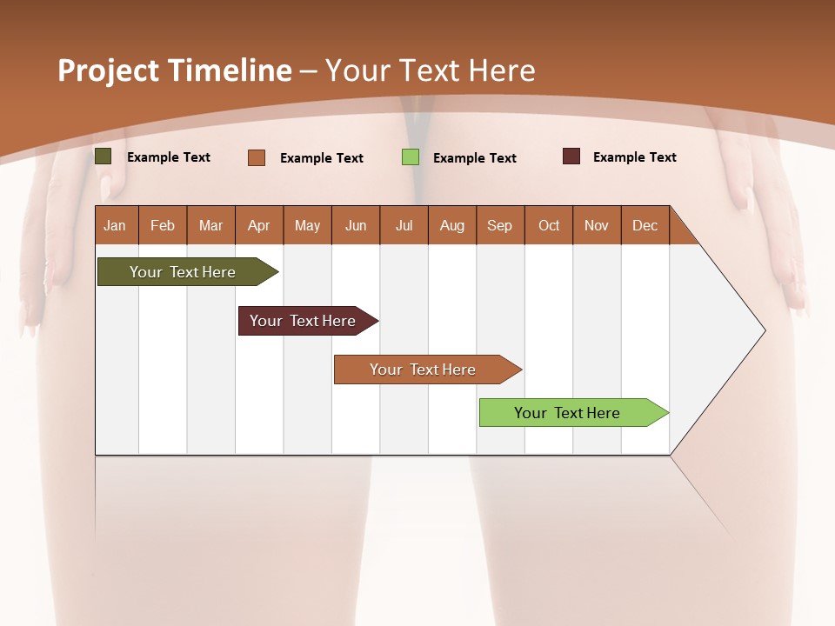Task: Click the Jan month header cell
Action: (x=115, y=225)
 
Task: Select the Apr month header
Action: (x=258, y=225)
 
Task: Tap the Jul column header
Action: (x=404, y=225)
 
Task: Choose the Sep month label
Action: (x=499, y=225)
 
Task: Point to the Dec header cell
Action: (x=645, y=225)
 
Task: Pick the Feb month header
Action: (x=163, y=225)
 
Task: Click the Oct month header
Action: (x=549, y=225)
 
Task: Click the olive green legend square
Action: (x=104, y=156)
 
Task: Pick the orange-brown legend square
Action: (x=257, y=157)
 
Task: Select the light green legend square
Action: (x=410, y=157)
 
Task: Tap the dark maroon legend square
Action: (x=571, y=156)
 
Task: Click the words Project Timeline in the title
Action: (x=174, y=70)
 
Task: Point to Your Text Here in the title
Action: (x=430, y=70)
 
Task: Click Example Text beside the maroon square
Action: (x=634, y=157)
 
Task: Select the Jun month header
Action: (x=356, y=225)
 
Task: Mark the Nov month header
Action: (x=597, y=225)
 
